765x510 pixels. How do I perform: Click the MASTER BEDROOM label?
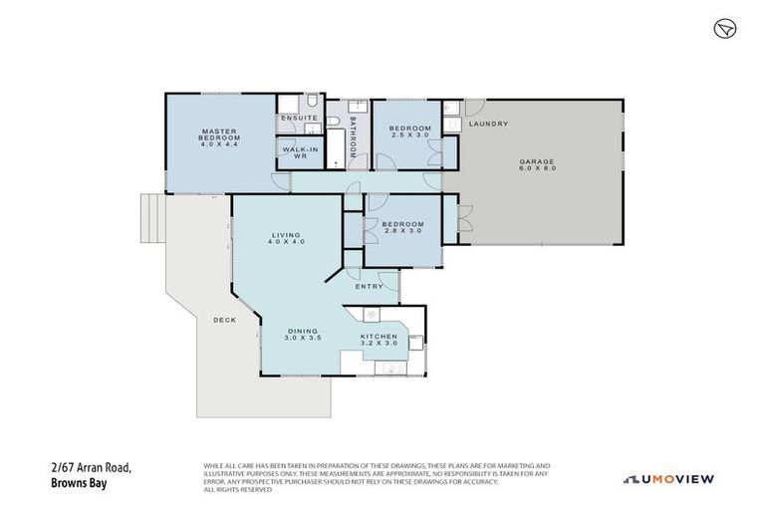click(217, 136)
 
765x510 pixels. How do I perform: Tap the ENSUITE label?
click(299, 119)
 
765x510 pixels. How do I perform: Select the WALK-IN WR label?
click(299, 153)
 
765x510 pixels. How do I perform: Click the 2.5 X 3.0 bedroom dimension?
click(409, 135)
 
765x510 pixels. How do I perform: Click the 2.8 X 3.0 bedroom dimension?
click(403, 230)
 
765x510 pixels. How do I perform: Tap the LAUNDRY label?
click(489, 124)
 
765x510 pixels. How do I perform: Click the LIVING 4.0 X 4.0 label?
click(287, 239)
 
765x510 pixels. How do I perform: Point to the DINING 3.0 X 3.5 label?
click(302, 337)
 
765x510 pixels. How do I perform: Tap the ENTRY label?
click(369, 287)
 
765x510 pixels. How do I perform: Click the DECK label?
click(224, 320)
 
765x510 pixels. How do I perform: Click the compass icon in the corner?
click(724, 29)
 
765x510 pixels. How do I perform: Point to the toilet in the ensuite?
click(311, 102)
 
